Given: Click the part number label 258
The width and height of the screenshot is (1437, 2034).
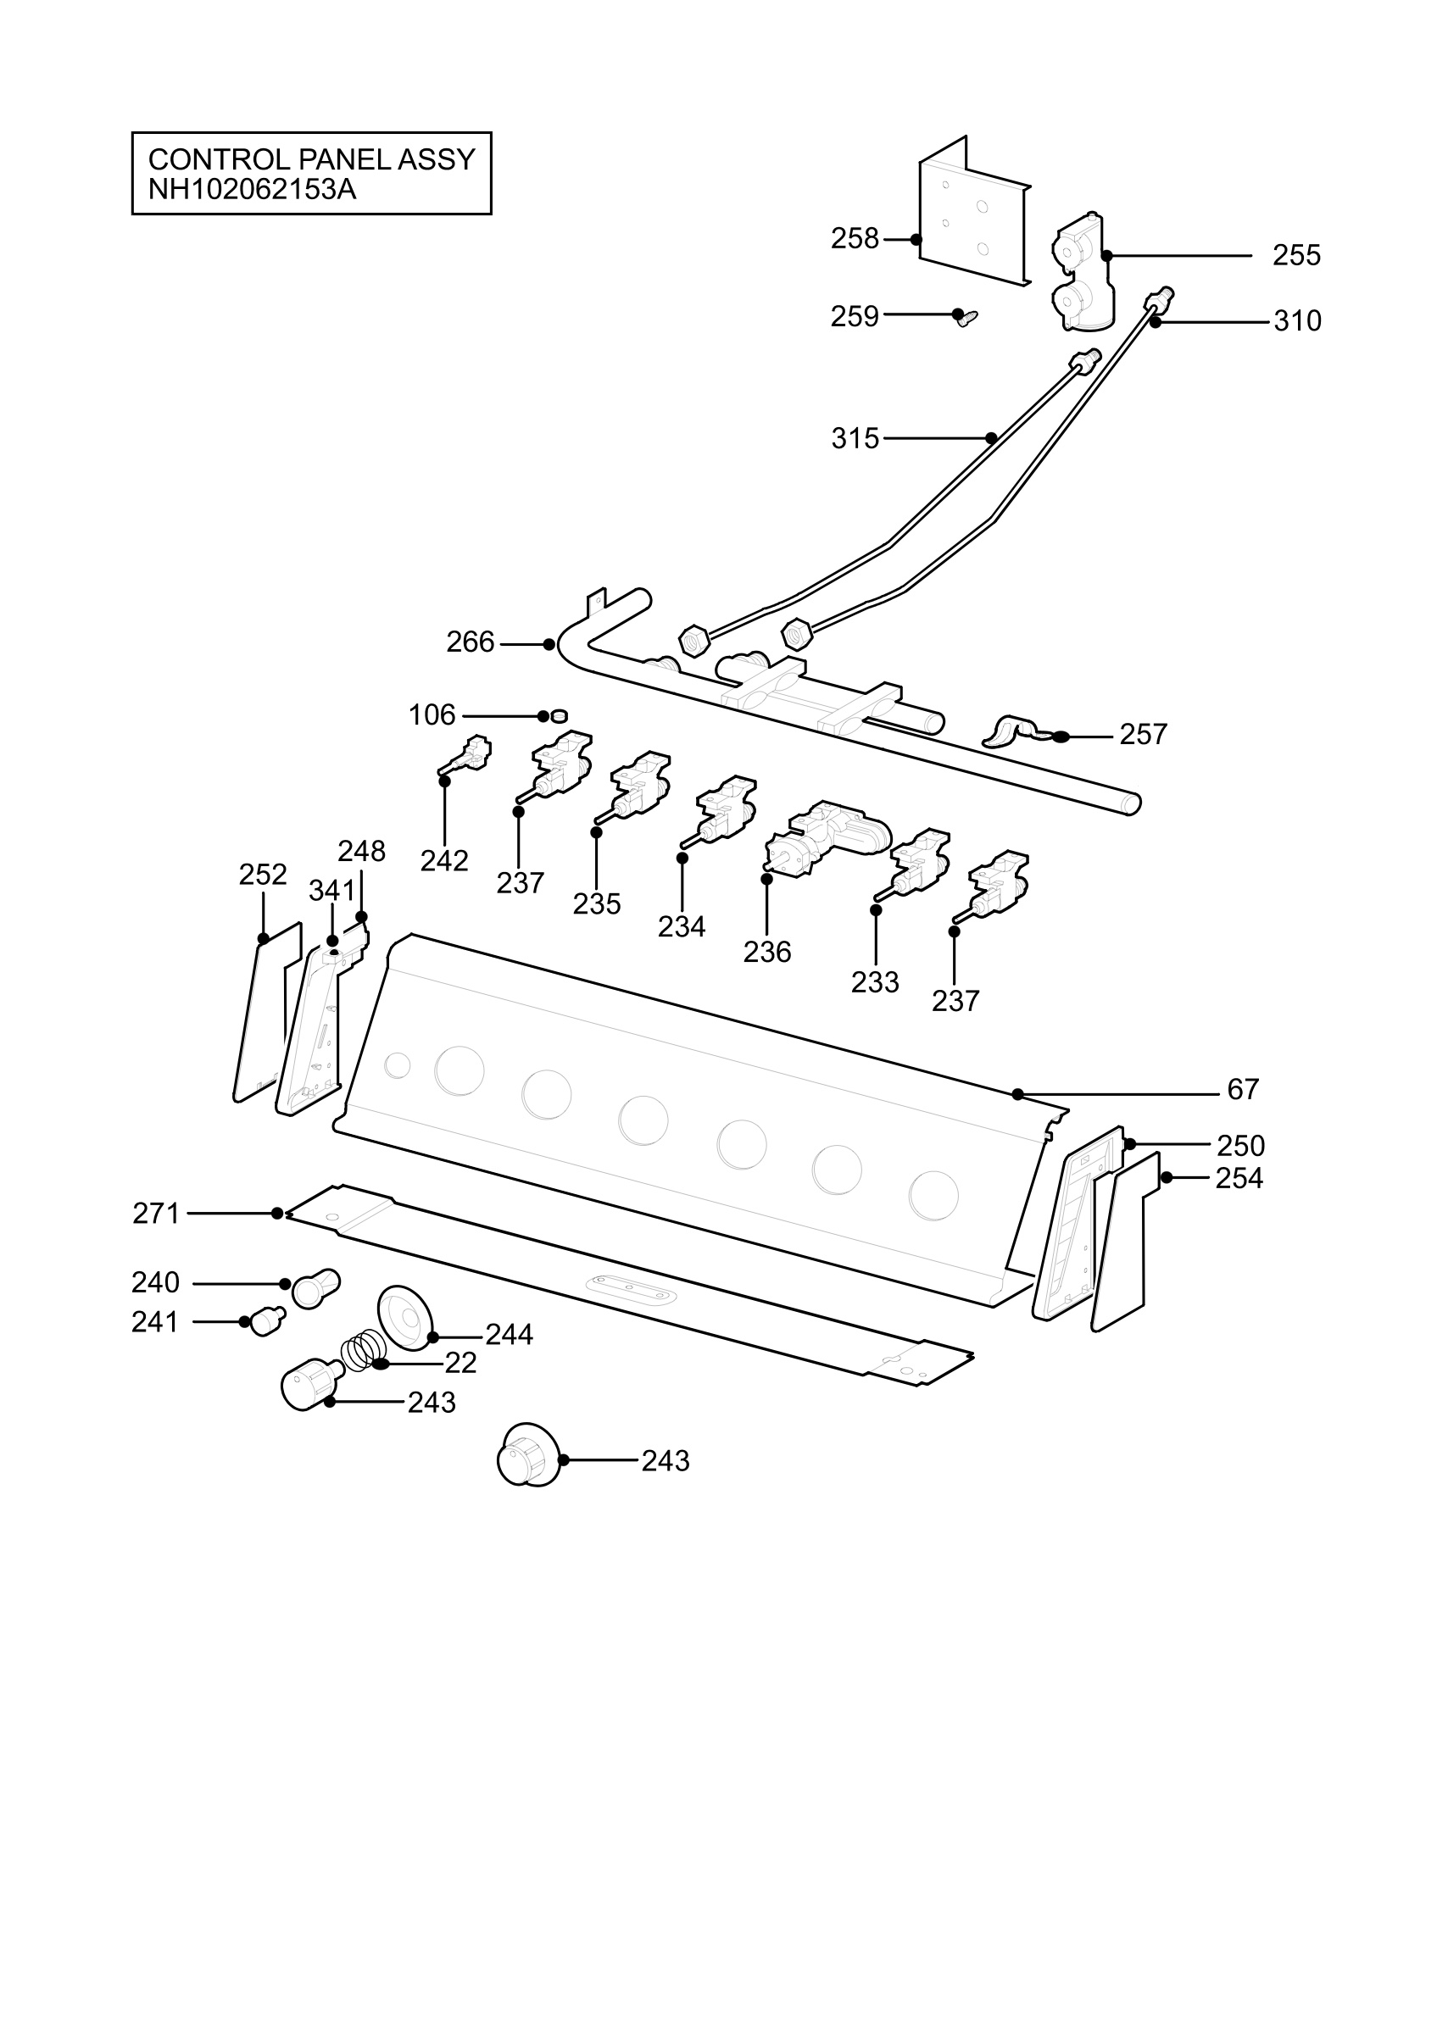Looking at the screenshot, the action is (854, 238).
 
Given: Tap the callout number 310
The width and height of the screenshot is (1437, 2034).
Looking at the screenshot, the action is (1297, 320).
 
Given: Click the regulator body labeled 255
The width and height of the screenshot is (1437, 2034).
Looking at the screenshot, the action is (1082, 273).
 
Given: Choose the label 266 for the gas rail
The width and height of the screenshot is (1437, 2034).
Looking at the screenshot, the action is (470, 642).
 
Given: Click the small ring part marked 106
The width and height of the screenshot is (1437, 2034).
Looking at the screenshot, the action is (558, 716).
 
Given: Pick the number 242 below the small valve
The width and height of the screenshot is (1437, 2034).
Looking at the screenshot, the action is (444, 860).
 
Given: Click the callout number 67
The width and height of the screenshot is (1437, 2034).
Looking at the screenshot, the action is (1242, 1089).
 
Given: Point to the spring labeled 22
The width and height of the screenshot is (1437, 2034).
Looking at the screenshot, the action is (363, 1352).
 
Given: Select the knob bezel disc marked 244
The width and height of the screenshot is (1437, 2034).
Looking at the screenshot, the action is (406, 1319).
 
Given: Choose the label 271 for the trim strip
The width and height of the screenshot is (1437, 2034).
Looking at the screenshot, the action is (156, 1213).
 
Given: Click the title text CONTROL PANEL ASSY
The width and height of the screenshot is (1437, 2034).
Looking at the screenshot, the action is (312, 159).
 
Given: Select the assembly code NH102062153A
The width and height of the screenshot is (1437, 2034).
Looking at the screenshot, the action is (253, 190).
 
